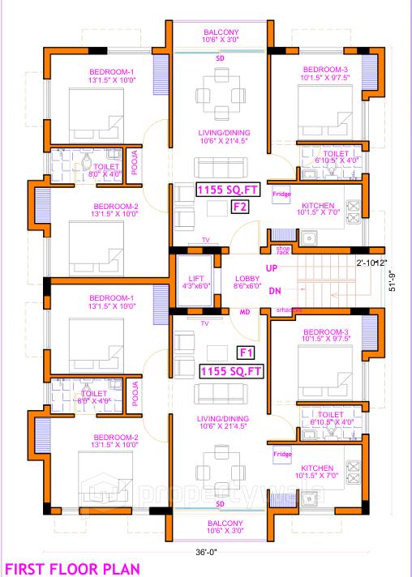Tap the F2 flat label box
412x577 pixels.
pyautogui.click(x=240, y=207)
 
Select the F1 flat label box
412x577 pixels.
pyautogui.click(x=247, y=352)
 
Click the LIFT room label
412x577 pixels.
pyautogui.click(x=195, y=280)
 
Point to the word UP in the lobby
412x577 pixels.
pyautogui.click(x=273, y=268)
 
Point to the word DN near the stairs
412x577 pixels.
pyautogui.click(x=274, y=290)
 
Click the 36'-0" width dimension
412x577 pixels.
pyautogui.click(x=206, y=551)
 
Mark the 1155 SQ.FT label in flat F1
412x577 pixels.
pyautogui.click(x=231, y=370)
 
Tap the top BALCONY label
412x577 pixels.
pyautogui.click(x=220, y=33)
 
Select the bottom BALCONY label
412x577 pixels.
pyautogui.click(x=220, y=526)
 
